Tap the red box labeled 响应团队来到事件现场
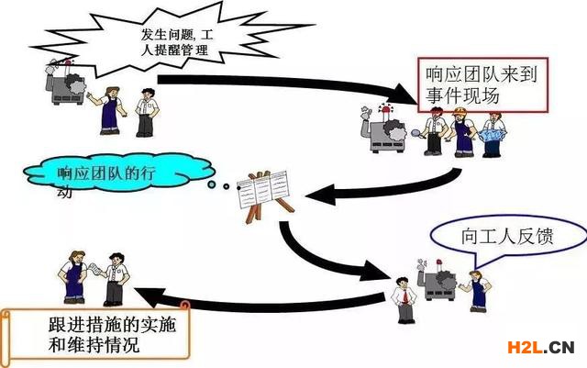483,84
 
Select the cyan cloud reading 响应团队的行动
119,173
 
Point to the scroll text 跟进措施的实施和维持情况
112,335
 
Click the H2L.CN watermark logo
541,348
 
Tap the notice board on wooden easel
264,193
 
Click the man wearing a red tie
404,300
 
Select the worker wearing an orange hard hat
463,131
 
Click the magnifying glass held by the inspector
415,133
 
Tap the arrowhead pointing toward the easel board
320,195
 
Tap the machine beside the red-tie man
437,280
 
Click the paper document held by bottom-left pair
95,269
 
